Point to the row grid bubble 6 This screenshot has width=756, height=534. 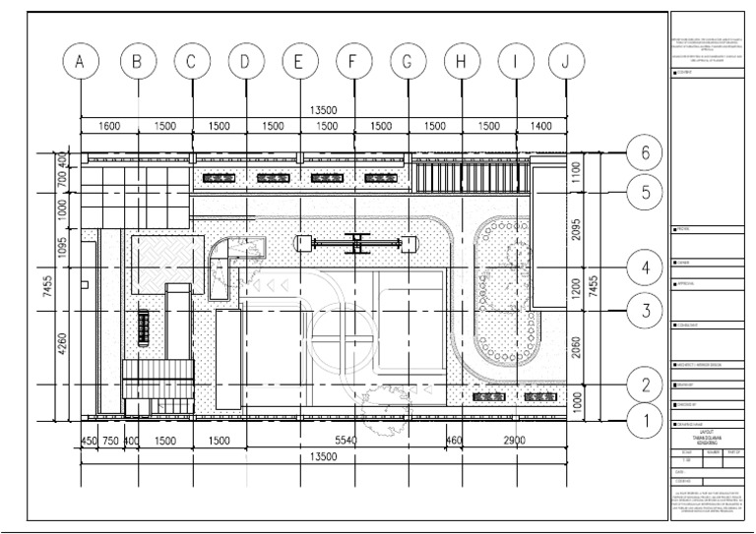[x=645, y=153]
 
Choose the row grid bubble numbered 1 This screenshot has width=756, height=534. [x=645, y=421]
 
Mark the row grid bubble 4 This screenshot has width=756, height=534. [x=645, y=266]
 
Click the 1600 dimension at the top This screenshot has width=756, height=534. [x=109, y=127]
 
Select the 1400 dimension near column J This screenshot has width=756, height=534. [x=540, y=127]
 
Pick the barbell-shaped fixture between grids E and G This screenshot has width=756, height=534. [x=351, y=241]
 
